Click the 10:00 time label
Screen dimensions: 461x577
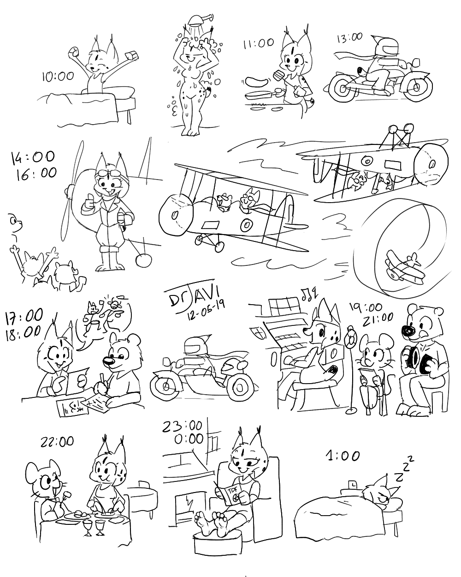click(58, 77)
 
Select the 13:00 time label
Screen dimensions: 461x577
click(350, 38)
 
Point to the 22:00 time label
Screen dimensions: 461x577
click(57, 441)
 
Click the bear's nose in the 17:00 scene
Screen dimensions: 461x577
click(110, 362)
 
